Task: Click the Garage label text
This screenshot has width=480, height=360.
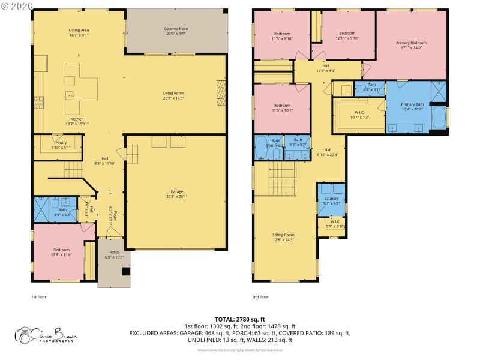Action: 177,194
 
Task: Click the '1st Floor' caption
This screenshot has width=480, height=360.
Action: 38,296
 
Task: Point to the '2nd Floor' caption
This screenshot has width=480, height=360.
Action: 260,296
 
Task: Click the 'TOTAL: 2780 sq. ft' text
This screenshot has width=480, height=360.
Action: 239,319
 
